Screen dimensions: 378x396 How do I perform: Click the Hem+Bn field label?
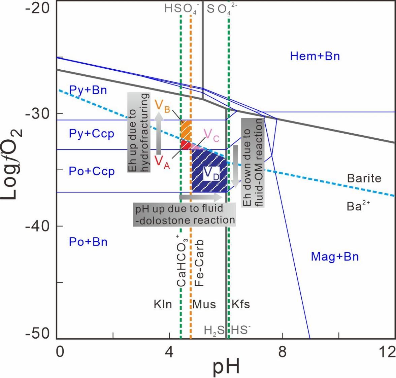tap(315, 56)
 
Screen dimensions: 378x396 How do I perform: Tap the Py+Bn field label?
tap(88, 90)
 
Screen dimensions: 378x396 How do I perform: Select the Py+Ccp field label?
tap(91, 134)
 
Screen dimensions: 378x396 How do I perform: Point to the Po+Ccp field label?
tap(92, 171)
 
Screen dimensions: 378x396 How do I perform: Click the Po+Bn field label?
tap(88, 242)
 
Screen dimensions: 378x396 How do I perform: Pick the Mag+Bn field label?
tap(335, 257)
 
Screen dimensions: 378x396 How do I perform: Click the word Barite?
tap(364, 178)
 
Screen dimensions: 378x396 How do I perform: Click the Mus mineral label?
tap(204, 305)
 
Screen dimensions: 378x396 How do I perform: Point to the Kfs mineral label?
tap(240, 305)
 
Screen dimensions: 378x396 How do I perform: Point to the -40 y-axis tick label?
tap(37, 226)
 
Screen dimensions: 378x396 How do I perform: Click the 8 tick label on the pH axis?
tap(282, 352)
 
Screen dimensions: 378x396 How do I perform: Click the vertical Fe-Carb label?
tap(200, 263)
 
